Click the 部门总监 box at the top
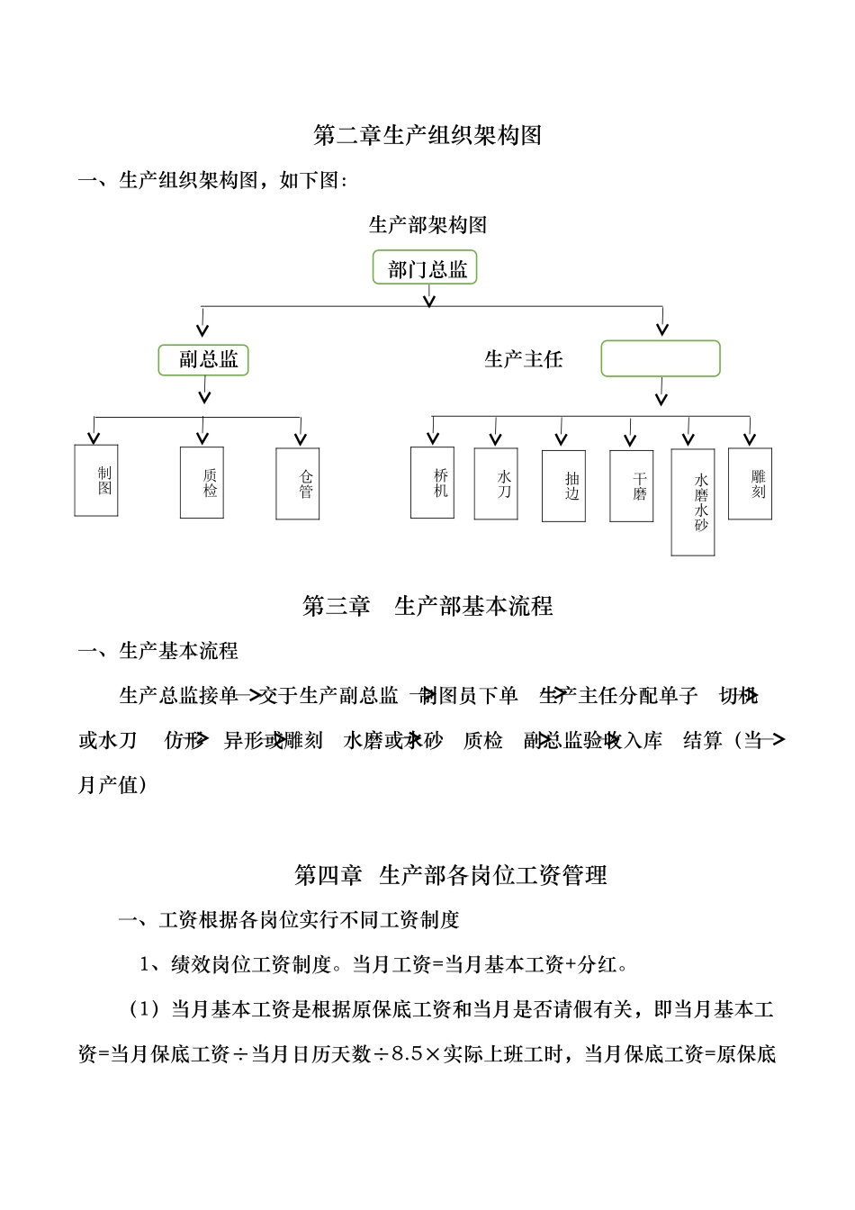tap(424, 268)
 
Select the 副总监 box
tap(203, 360)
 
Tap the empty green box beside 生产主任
tap(660, 358)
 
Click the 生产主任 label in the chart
tap(523, 359)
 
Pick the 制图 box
tap(96, 480)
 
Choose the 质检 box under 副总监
tap(202, 483)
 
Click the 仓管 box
tap(298, 483)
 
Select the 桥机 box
tap(432, 483)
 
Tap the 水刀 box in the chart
tap(496, 483)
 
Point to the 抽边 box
tap(563, 486)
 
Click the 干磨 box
tap(631, 486)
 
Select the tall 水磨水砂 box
tap(693, 502)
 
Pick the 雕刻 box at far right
tap(750, 483)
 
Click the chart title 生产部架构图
tap(427, 224)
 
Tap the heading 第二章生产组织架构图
tap(427, 135)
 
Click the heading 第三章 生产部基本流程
tap(427, 606)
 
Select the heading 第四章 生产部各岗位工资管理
tap(450, 874)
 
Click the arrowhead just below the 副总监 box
tap(205, 396)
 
